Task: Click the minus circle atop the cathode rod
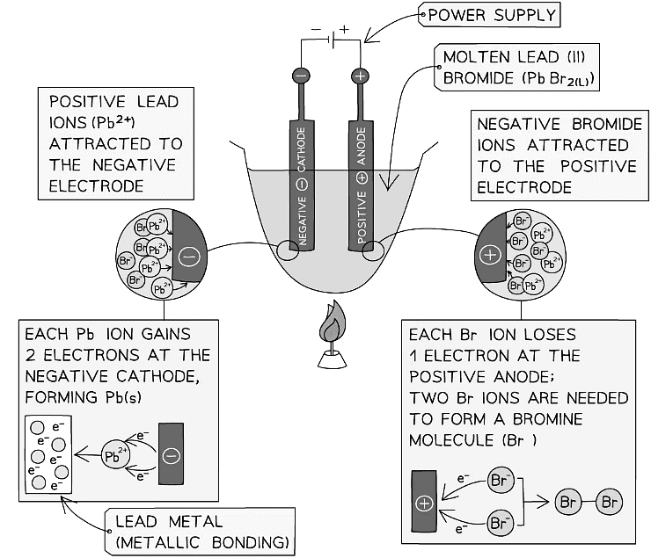[301, 76]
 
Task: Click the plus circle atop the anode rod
[359, 76]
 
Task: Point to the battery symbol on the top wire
[330, 41]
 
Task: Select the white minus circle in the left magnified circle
[187, 257]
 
